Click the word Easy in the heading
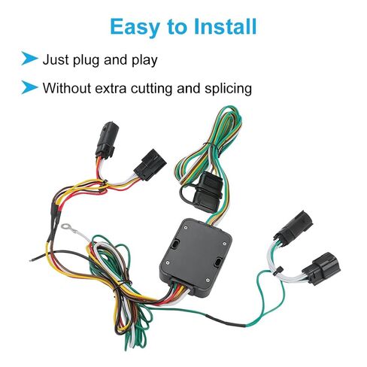[x=135, y=27]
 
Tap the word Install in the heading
[x=226, y=26]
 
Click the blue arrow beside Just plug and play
[x=29, y=59]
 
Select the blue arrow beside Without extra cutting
[x=29, y=87]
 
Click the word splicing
[x=228, y=89]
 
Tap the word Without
[x=67, y=88]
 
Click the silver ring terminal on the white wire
[x=66, y=227]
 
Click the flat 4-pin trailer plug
[x=207, y=191]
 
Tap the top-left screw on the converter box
[x=186, y=228]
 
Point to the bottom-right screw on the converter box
[x=208, y=280]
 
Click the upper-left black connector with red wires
[x=107, y=140]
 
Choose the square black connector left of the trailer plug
[x=150, y=165]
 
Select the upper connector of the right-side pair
[x=293, y=226]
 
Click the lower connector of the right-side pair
[x=322, y=268]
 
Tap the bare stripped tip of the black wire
[x=32, y=259]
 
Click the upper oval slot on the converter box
[x=175, y=243]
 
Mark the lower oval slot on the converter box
[x=217, y=262]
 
